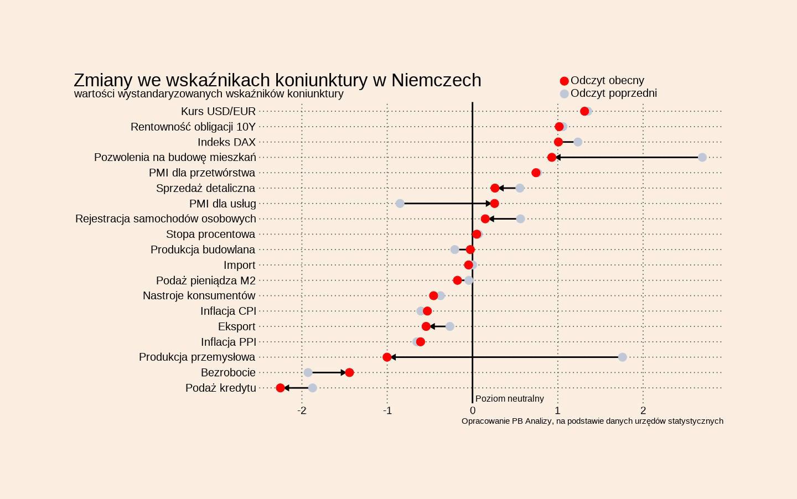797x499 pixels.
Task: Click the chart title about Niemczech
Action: pyautogui.click(x=277, y=80)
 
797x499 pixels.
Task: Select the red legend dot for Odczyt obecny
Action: pyautogui.click(x=564, y=81)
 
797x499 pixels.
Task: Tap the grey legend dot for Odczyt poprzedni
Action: pyautogui.click(x=564, y=93)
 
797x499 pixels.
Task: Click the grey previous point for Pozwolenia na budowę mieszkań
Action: pyautogui.click(x=702, y=158)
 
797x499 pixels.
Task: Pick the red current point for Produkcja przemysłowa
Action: pyautogui.click(x=387, y=357)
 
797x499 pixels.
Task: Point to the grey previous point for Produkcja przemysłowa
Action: pyautogui.click(x=622, y=357)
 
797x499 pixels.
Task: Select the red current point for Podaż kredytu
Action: pyautogui.click(x=280, y=388)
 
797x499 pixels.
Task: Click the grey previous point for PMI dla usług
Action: pyautogui.click(x=400, y=204)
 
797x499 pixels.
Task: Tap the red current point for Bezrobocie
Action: pyautogui.click(x=349, y=372)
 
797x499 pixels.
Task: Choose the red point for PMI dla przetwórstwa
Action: pyautogui.click(x=536, y=173)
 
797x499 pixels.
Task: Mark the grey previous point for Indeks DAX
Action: pyautogui.click(x=578, y=142)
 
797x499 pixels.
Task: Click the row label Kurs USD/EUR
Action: pyautogui.click(x=218, y=112)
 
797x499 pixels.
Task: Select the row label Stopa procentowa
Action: pyautogui.click(x=210, y=235)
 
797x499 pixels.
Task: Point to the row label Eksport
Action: pyautogui.click(x=236, y=326)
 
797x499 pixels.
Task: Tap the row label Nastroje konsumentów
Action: pyautogui.click(x=199, y=296)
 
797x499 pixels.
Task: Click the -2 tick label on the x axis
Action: pyautogui.click(x=302, y=410)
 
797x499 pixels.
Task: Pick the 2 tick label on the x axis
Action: pyautogui.click(x=643, y=410)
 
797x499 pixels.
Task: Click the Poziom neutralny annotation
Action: pyautogui.click(x=509, y=399)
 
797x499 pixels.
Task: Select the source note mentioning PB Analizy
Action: pyautogui.click(x=592, y=421)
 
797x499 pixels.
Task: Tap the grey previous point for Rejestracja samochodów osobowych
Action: pyautogui.click(x=520, y=219)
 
